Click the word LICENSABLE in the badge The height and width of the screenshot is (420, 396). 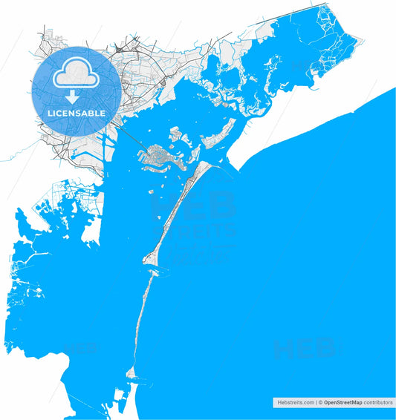click(x=77, y=114)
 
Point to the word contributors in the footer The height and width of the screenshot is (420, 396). click(x=378, y=401)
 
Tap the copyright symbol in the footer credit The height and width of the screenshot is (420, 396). click(x=320, y=401)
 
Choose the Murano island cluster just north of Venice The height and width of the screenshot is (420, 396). click(x=177, y=136)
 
